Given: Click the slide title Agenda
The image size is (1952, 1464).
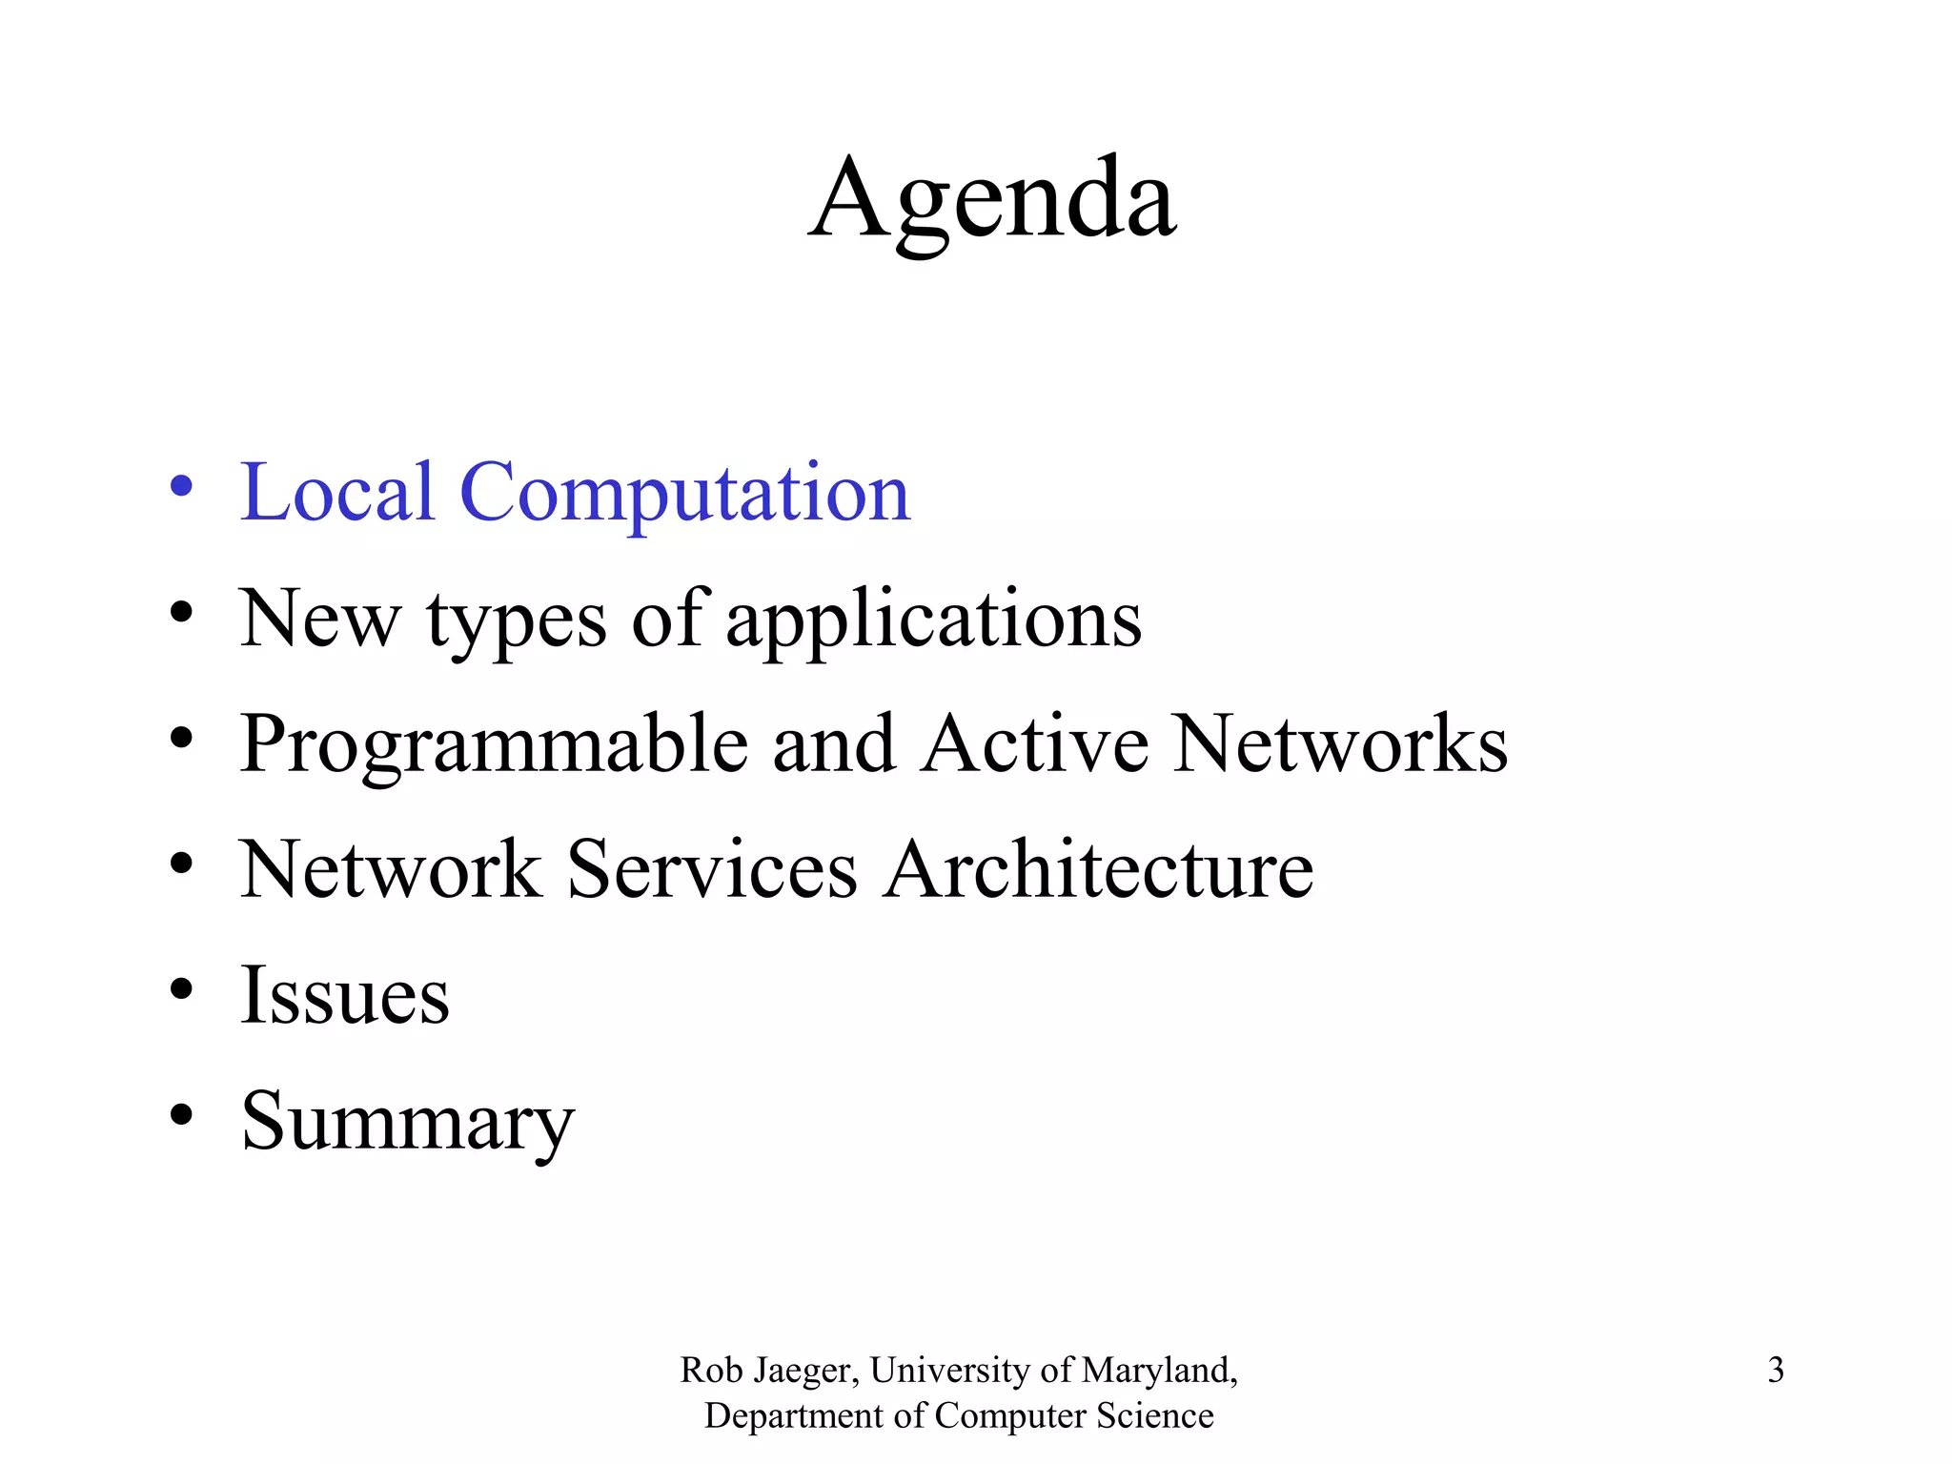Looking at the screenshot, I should tap(992, 200).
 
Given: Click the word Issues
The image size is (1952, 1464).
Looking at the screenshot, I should tap(344, 995).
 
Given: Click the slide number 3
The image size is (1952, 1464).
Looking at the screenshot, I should tap(1776, 1370).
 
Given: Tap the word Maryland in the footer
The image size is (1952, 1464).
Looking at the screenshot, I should tap(1159, 1371).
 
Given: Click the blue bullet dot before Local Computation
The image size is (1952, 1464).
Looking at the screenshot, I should tap(181, 487).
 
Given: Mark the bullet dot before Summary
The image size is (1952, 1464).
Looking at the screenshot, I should tap(181, 1114).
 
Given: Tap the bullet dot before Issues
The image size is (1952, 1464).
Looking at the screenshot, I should tap(181, 988).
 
